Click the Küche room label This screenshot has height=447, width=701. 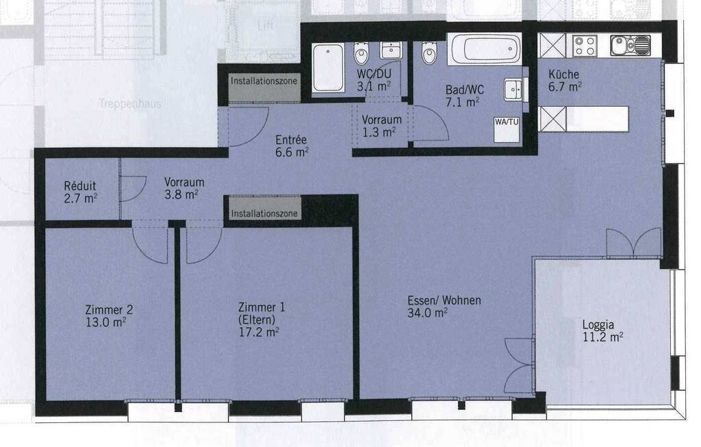pyautogui.click(x=563, y=75)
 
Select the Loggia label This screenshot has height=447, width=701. pyautogui.click(x=593, y=325)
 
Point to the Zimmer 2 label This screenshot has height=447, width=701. pyautogui.click(x=109, y=309)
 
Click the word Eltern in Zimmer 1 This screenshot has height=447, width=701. pyautogui.click(x=257, y=319)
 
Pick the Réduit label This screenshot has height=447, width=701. pyautogui.click(x=79, y=186)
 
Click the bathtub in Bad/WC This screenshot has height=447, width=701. pyautogui.click(x=485, y=50)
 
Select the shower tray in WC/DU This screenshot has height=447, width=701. pyautogui.click(x=328, y=66)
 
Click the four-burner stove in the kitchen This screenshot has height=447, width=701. pyautogui.click(x=585, y=45)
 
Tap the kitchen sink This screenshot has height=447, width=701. pyautogui.click(x=630, y=45)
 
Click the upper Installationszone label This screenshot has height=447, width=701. pyautogui.click(x=264, y=81)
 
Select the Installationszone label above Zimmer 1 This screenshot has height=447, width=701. pyautogui.click(x=264, y=214)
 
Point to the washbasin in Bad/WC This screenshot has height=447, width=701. pyautogui.click(x=512, y=90)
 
